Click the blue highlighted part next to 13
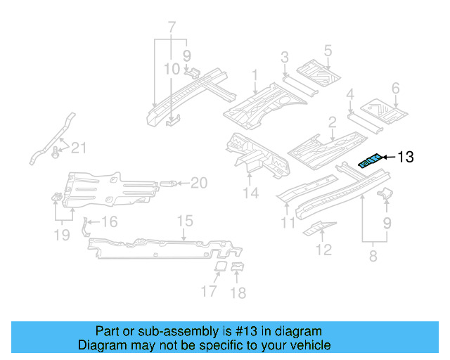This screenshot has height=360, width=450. coord(371,161)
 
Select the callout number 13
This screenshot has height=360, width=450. coord(407,157)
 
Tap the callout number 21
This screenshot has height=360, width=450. coord(79,147)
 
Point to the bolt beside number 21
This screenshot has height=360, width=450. coord(56,150)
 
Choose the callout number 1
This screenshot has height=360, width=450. coord(255,75)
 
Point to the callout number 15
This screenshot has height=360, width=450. coord(184,222)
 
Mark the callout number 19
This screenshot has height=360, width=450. coord(62,234)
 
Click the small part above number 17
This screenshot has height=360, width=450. coord(219,266)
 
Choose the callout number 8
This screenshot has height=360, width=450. coord(373,257)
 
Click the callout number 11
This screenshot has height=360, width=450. coord(288,224)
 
